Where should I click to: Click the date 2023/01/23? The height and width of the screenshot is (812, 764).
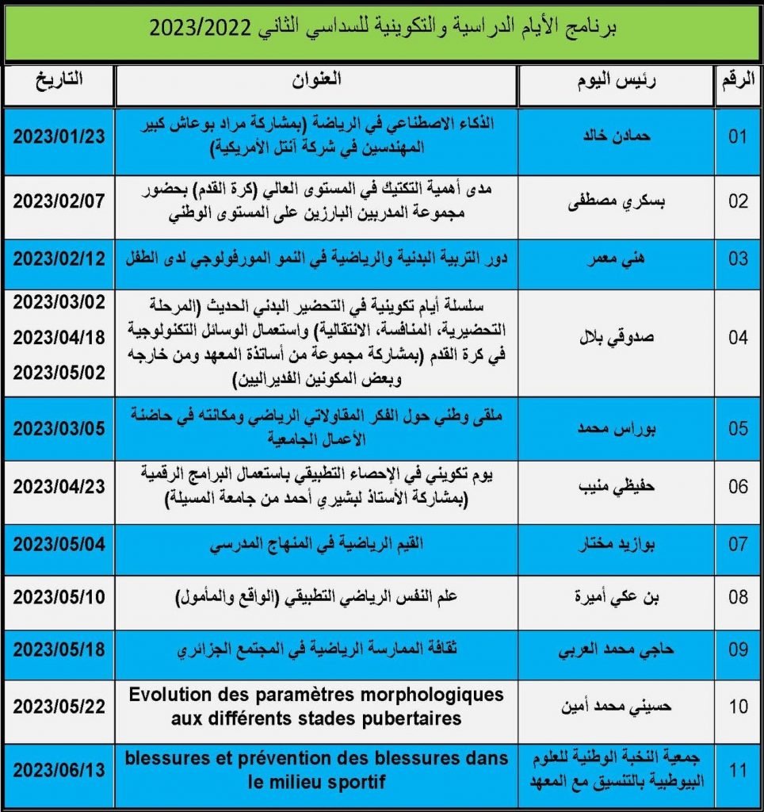59,136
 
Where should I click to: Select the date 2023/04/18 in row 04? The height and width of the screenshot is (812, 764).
59,337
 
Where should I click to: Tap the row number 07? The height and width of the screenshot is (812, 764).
738,546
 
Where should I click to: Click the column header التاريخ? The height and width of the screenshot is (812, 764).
59,80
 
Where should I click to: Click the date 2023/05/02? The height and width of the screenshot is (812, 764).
59,371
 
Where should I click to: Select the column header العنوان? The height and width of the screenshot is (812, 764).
316,80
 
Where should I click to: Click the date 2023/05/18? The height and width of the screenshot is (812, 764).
59,649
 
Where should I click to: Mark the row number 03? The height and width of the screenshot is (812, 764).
738,259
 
